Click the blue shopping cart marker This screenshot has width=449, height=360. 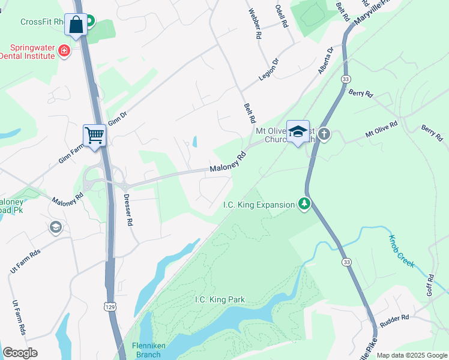coord(94,135)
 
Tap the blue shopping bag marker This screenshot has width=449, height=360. coord(76,25)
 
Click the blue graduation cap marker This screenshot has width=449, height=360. coord(298,132)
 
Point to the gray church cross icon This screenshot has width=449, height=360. coord(324,133)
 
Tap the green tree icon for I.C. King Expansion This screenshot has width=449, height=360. coord(305,205)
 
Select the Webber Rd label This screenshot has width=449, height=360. coord(256,24)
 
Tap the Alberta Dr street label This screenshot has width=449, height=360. coord(325,61)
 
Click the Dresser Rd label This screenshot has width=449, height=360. coord(127,209)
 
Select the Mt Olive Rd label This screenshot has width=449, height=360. coord(381,130)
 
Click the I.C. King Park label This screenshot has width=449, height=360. coord(220,299)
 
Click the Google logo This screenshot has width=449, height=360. coord(20,353)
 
